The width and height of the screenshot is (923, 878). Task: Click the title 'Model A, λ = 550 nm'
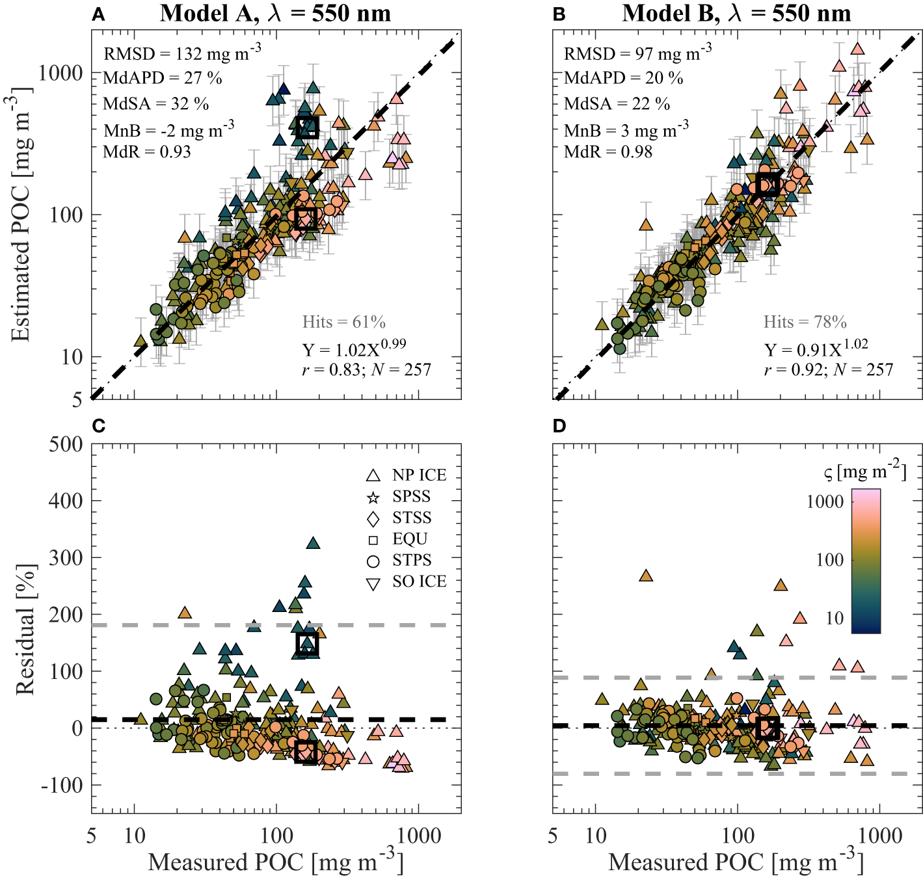[275, 13]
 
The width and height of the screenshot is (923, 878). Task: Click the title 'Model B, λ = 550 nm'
[736, 13]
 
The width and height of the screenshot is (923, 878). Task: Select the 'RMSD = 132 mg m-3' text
[182, 53]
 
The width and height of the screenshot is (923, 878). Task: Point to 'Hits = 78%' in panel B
[805, 322]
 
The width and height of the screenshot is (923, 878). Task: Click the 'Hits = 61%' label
[343, 322]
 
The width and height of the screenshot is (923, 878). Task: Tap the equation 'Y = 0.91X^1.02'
[816, 349]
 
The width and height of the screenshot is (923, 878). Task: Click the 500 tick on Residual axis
[66, 445]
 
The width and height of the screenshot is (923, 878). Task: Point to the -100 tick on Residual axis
[62, 785]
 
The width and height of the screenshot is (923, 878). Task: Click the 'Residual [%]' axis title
[25, 630]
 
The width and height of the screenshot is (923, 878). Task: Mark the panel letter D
[559, 426]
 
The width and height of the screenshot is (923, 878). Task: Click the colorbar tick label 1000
[825, 501]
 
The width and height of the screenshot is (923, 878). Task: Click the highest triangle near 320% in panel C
[313, 544]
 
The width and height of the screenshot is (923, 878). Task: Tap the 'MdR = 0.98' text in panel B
[608, 152]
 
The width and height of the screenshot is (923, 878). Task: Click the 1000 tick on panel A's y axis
[60, 73]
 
